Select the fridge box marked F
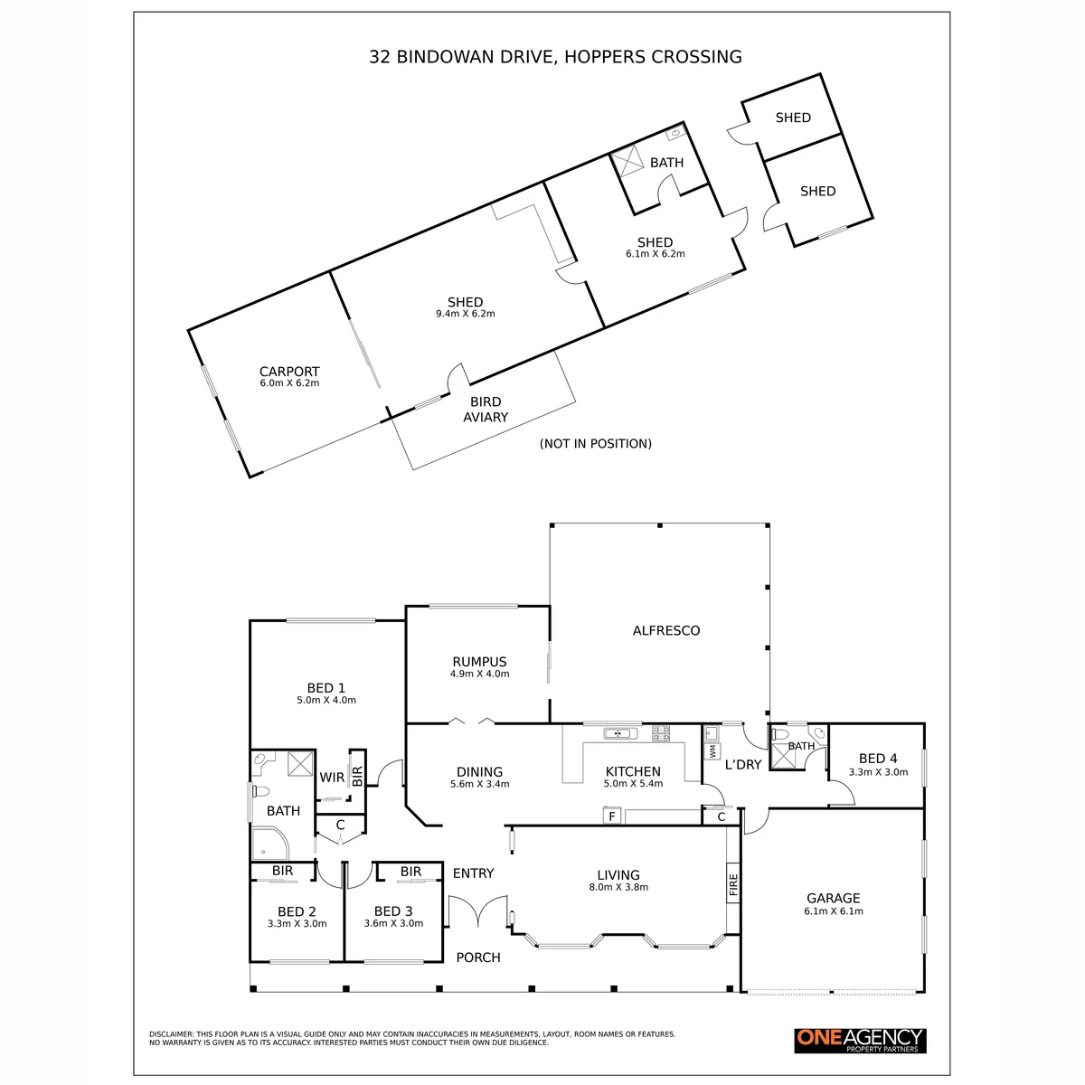click(x=612, y=816)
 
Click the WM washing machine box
click(x=712, y=750)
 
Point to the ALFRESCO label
click(x=666, y=630)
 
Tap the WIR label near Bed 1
click(x=332, y=778)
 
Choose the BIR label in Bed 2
click(x=283, y=871)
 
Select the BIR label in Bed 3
click(x=410, y=871)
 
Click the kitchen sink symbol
click(x=620, y=733)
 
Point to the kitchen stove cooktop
click(x=661, y=733)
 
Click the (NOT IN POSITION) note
click(x=596, y=444)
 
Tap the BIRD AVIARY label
click(x=486, y=410)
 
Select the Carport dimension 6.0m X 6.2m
click(x=289, y=382)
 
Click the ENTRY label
click(x=473, y=873)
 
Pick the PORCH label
click(x=478, y=958)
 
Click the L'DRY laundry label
click(x=742, y=765)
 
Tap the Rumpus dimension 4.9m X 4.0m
click(x=480, y=674)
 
